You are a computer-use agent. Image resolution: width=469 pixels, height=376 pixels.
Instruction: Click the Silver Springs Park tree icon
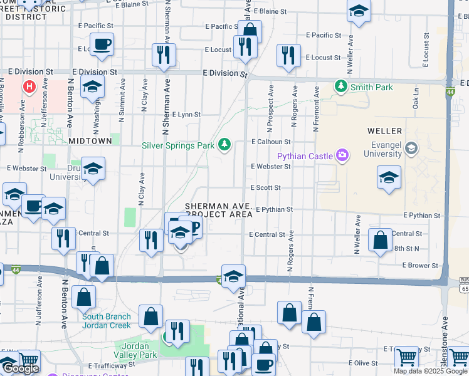[224, 145]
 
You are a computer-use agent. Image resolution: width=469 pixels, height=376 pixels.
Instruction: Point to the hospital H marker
[28, 86]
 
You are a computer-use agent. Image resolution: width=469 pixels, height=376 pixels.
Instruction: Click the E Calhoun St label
[271, 142]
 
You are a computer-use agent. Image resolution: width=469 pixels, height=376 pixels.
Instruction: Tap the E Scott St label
[265, 187]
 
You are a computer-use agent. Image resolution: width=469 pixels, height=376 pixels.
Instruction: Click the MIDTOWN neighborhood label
[90, 142]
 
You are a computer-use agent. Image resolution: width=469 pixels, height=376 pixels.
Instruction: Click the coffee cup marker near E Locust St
[102, 44]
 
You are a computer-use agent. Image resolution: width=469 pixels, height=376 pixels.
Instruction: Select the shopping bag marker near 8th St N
[380, 240]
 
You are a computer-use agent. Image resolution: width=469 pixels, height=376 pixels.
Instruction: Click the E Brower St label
[421, 266]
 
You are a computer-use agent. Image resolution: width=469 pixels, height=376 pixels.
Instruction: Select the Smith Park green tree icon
[341, 86]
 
